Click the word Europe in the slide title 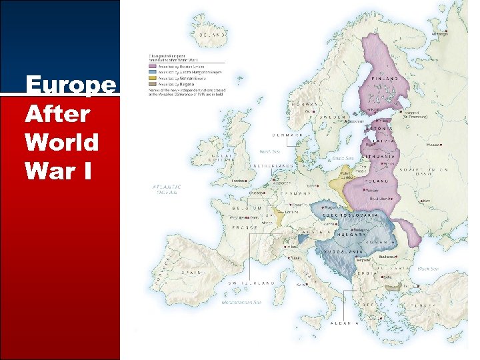(70, 85)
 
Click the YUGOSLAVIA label (344, 251)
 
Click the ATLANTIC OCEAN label (167, 190)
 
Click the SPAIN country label (188, 273)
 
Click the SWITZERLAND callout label (251, 283)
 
